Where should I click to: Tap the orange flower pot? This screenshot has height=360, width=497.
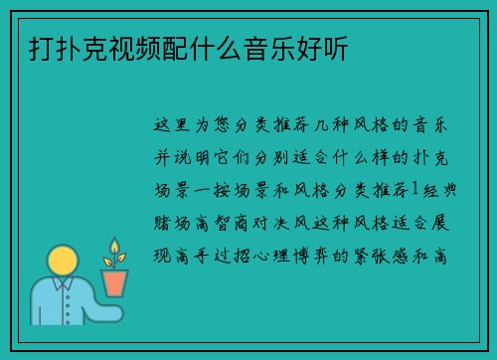point(115,282)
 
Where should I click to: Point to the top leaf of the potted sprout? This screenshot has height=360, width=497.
point(115,244)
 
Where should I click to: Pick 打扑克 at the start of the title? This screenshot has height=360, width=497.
point(57,47)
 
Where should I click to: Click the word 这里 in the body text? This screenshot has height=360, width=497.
point(175,126)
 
